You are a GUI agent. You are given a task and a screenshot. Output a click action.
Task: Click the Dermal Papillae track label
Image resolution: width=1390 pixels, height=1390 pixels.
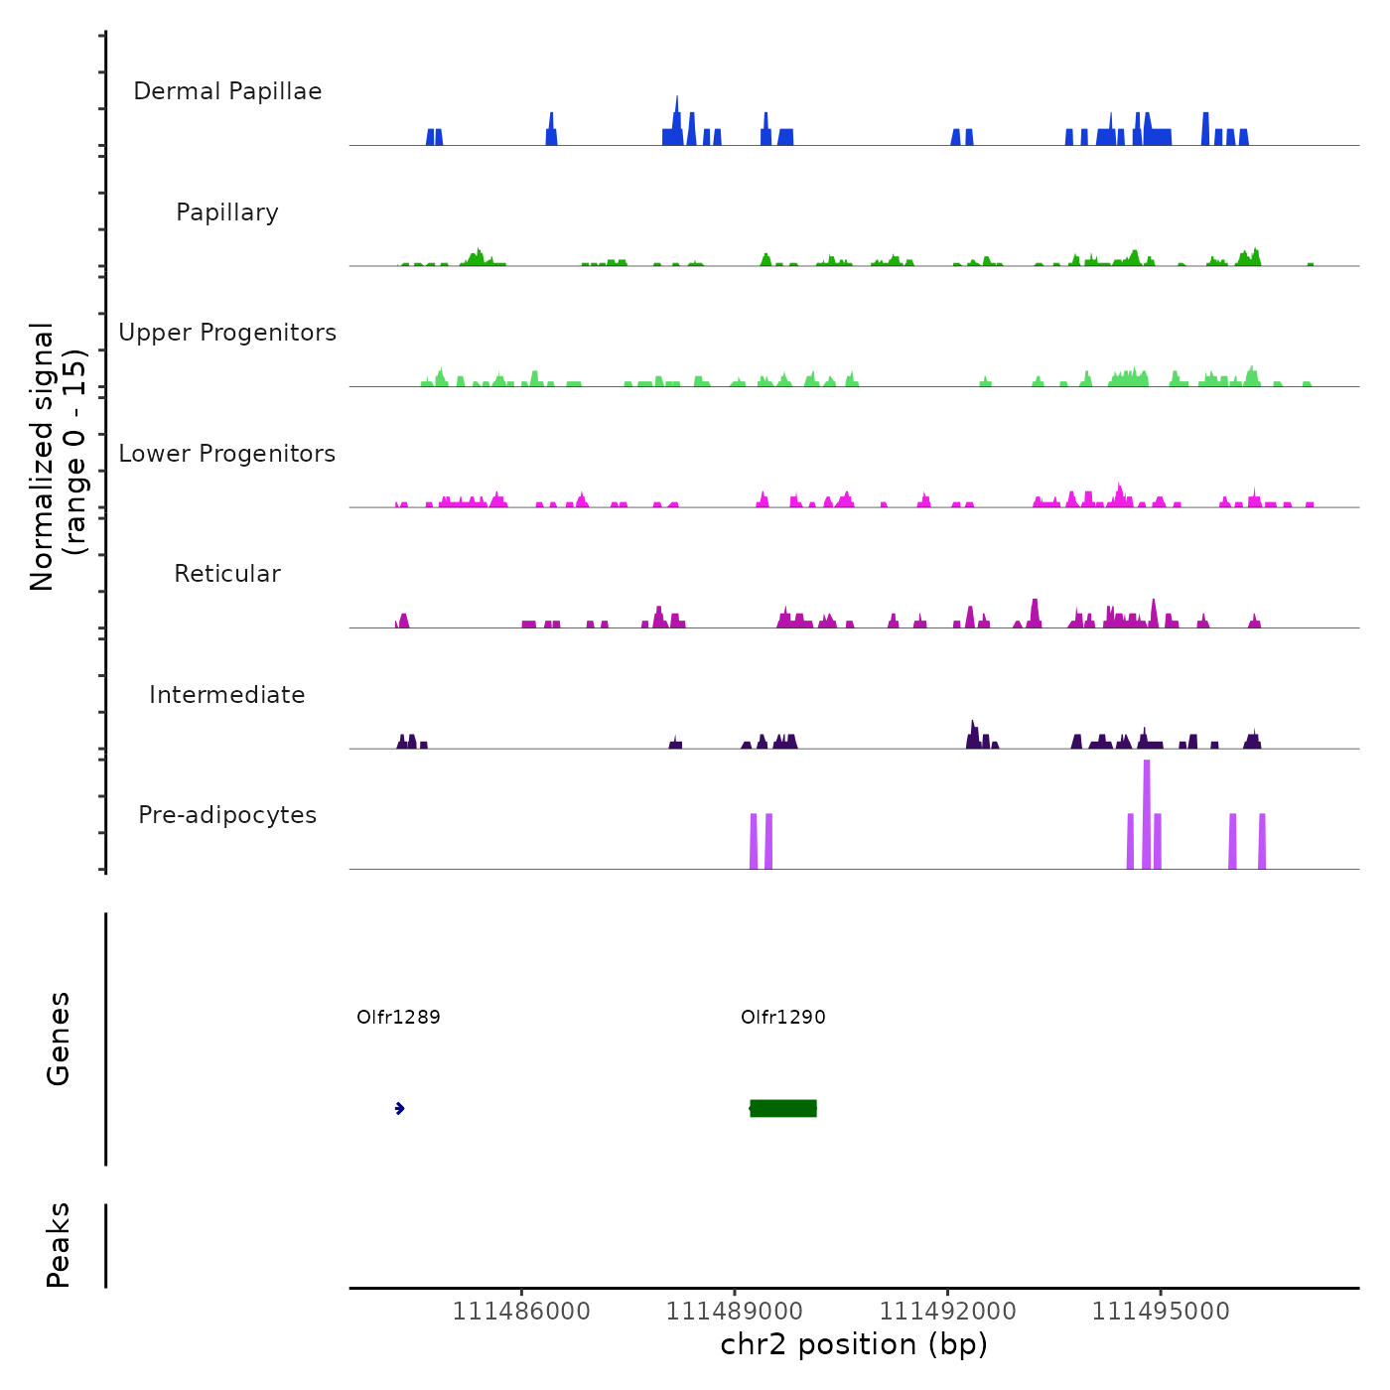click(x=227, y=91)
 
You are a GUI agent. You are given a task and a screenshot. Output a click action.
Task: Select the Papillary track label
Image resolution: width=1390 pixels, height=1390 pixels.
click(x=227, y=212)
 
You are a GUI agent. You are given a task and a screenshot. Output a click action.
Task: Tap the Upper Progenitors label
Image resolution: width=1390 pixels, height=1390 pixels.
click(x=227, y=333)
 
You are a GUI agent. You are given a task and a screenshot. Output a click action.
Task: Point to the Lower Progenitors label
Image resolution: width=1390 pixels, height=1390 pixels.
click(x=227, y=454)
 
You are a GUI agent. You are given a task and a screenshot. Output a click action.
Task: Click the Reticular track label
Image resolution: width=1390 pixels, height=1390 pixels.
click(x=227, y=574)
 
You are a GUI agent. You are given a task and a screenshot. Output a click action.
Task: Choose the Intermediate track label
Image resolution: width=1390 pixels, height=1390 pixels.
click(x=227, y=695)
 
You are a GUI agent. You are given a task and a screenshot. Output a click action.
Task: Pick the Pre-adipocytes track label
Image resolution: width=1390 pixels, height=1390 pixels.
click(x=227, y=815)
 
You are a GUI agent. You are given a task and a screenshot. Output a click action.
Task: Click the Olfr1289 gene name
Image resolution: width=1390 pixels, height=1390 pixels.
click(x=398, y=1017)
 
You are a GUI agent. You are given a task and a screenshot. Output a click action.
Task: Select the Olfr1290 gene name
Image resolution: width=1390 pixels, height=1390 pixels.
click(x=783, y=1017)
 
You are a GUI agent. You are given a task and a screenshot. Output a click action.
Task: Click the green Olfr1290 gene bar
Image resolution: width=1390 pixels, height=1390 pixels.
click(x=783, y=1108)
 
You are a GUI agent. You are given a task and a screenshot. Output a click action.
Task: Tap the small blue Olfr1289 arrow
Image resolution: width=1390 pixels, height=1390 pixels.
click(x=399, y=1108)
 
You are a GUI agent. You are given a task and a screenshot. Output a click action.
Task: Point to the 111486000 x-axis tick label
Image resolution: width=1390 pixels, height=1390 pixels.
click(x=521, y=1312)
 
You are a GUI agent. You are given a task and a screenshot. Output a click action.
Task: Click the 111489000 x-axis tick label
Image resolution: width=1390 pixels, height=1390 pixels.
click(x=735, y=1312)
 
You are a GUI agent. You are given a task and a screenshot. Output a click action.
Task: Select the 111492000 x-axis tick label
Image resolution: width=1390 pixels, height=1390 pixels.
click(x=948, y=1312)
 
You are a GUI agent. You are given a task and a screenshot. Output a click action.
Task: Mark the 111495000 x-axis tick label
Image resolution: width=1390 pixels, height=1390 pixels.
click(x=1161, y=1312)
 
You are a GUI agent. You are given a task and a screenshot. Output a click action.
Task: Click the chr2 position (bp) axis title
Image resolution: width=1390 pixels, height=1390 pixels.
click(x=854, y=1344)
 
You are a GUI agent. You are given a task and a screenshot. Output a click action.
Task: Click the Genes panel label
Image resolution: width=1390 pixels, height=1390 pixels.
click(x=59, y=1039)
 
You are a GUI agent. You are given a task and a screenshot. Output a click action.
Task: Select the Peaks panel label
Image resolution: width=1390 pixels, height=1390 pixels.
click(x=59, y=1245)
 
